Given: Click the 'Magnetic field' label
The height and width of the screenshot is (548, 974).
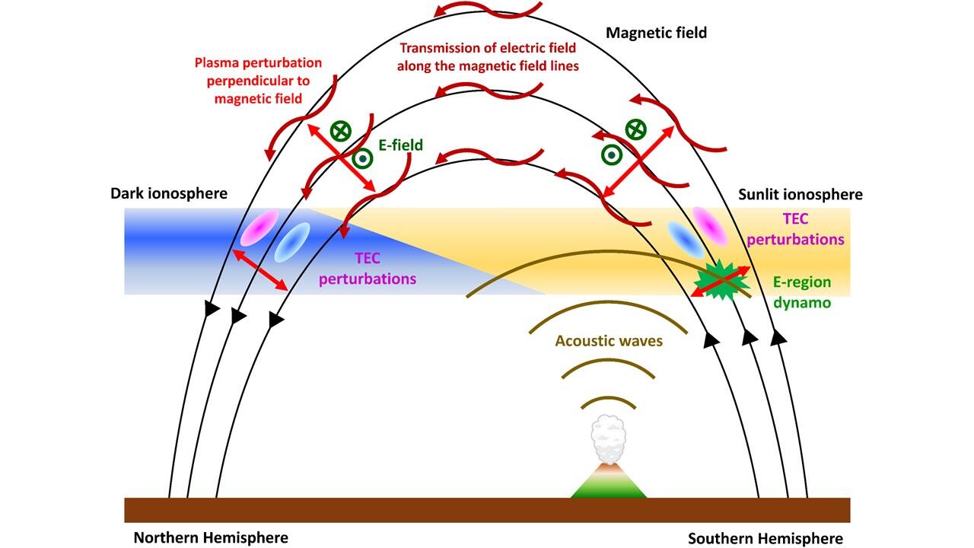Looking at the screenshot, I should click(x=657, y=33).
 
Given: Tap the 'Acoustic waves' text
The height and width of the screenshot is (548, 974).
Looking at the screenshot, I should click(x=609, y=341).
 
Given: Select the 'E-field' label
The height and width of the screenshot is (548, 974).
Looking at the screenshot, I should click(x=401, y=145).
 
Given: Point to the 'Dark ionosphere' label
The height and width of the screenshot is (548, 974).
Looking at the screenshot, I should click(x=168, y=193).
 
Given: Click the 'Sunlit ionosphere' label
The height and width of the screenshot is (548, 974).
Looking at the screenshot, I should click(x=801, y=194).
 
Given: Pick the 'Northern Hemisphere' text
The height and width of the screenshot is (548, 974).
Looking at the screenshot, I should click(x=211, y=537).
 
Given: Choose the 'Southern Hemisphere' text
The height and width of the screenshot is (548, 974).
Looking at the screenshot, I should click(x=766, y=538).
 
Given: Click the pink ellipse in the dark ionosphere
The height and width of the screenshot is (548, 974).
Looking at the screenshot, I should click(x=259, y=228).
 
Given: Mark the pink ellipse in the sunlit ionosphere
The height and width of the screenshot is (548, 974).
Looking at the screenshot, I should click(x=715, y=223).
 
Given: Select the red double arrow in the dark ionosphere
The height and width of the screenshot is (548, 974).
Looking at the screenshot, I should click(x=260, y=270).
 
